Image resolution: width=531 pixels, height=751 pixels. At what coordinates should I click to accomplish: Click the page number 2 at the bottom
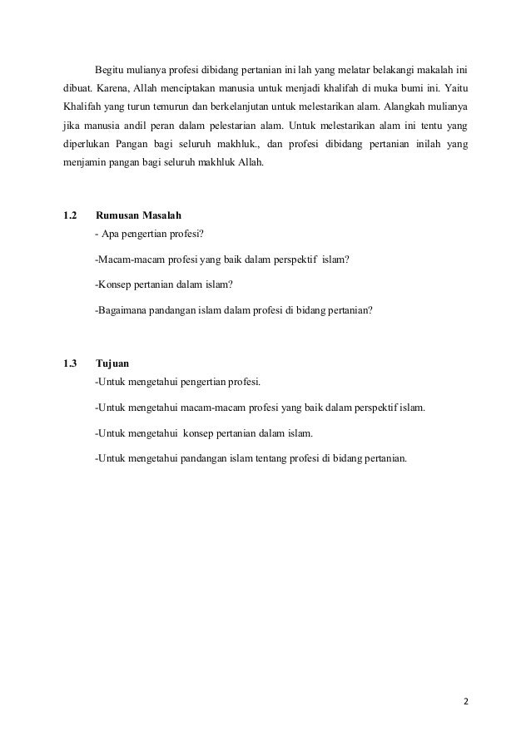pyautogui.click(x=466, y=700)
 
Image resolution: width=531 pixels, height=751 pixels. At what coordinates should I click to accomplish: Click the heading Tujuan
pyautogui.click(x=112, y=363)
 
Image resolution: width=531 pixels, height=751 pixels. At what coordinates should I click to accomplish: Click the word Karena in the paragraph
pyautogui.click(x=117, y=87)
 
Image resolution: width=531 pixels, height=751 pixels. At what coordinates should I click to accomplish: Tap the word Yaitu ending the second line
pyautogui.click(x=456, y=87)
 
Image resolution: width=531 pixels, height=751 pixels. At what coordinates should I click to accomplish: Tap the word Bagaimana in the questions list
pyautogui.click(x=122, y=311)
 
